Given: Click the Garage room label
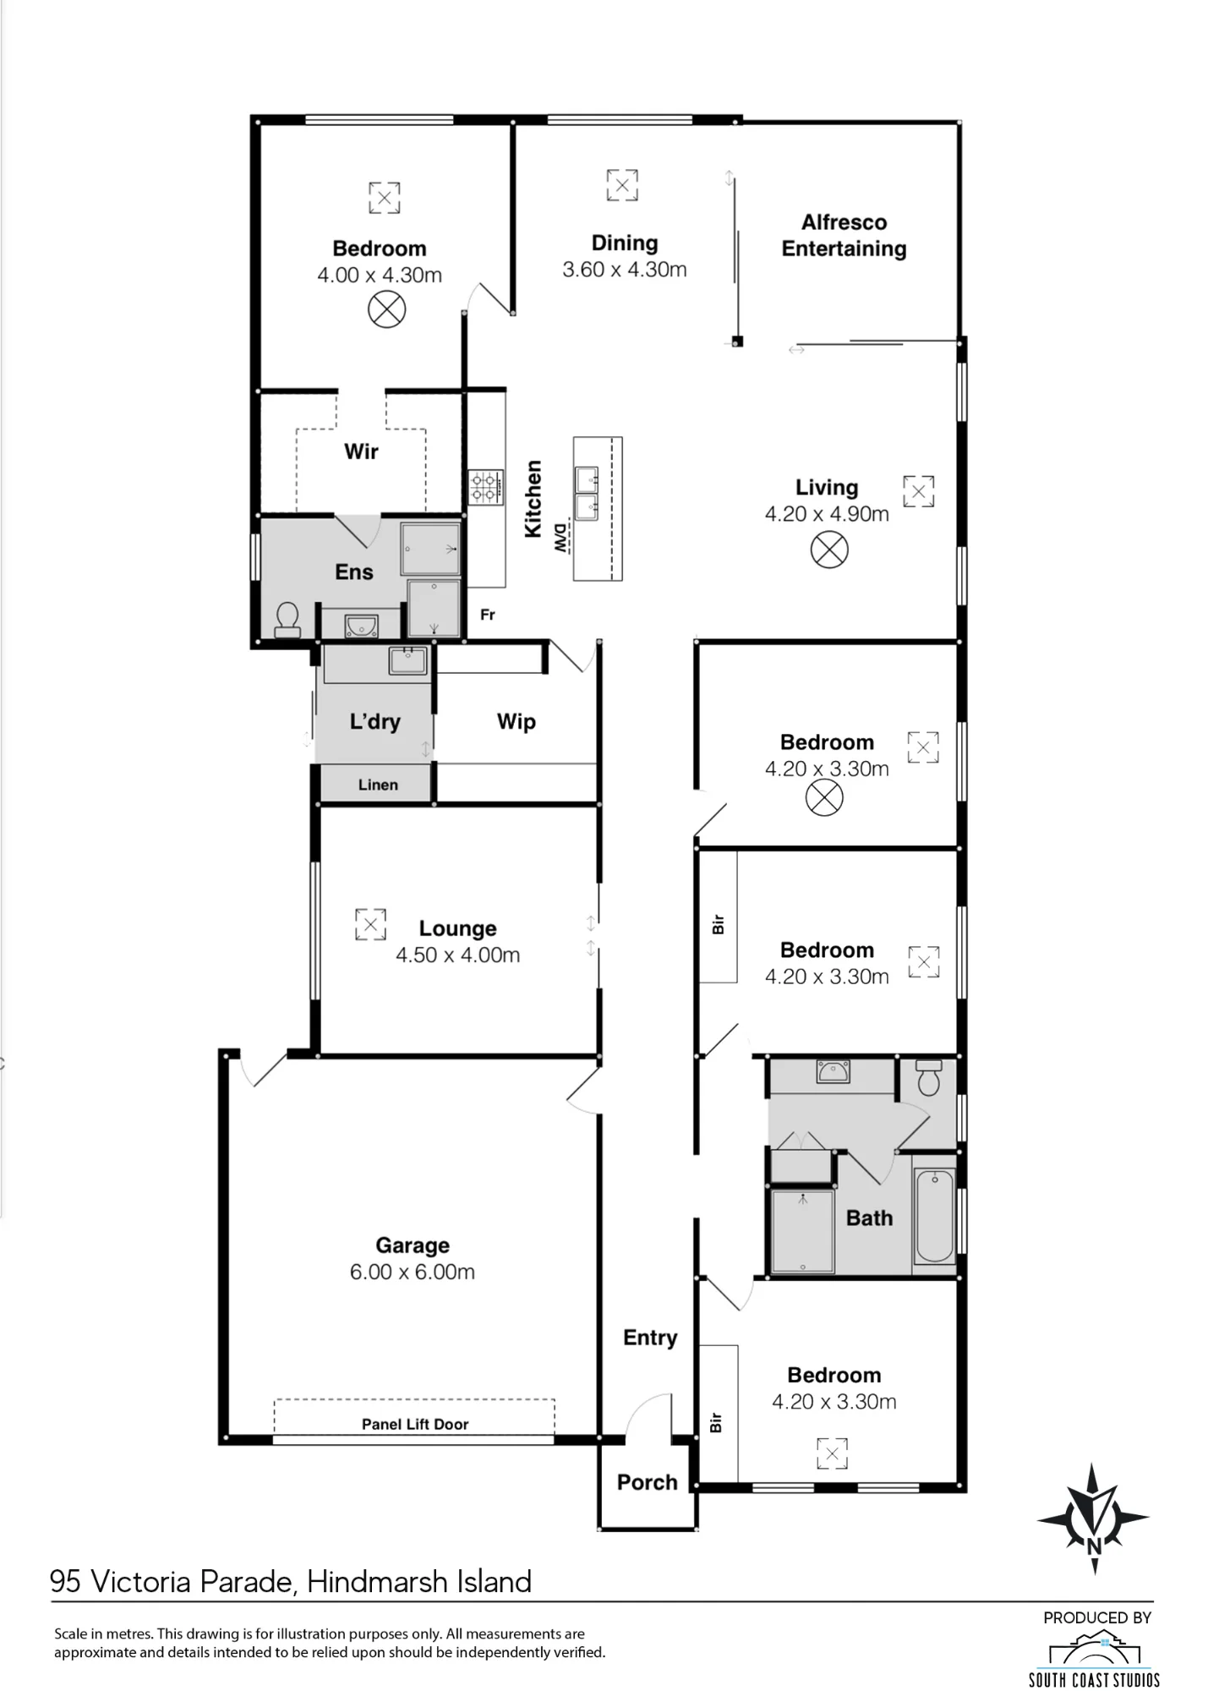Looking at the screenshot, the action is [x=413, y=1245].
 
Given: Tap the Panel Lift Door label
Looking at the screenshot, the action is [x=415, y=1424].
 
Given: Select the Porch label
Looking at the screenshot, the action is [x=647, y=1482].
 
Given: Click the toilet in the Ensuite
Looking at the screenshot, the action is [x=287, y=620].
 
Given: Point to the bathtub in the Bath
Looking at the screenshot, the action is [x=934, y=1216].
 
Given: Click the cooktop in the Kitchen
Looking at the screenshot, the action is [x=486, y=488].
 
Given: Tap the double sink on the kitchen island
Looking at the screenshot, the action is [x=588, y=493].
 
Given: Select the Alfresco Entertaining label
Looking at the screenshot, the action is [x=844, y=235].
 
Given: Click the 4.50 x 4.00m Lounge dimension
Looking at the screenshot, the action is [x=457, y=955].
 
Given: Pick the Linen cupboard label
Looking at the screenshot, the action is [x=378, y=785].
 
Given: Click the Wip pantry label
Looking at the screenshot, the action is [x=516, y=721].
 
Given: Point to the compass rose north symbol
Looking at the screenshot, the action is [x=1093, y=1519].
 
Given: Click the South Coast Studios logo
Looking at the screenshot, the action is [x=1093, y=1660].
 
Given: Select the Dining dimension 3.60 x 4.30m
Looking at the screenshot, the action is [x=624, y=270].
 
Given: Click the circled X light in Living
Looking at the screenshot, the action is [x=828, y=550].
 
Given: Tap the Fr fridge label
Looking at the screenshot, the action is [x=487, y=615].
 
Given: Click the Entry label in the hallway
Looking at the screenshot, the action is [x=650, y=1338].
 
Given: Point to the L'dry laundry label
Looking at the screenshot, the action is [x=374, y=721].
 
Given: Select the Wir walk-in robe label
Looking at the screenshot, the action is [x=361, y=451].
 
